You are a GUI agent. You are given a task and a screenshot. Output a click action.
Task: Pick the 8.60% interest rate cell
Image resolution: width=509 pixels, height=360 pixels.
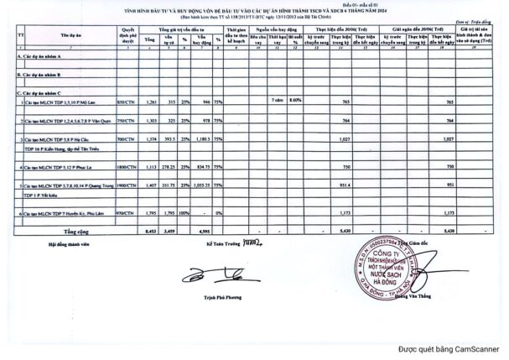[293, 100]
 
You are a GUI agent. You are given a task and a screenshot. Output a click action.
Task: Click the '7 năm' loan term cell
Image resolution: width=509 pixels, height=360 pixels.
[277, 100]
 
